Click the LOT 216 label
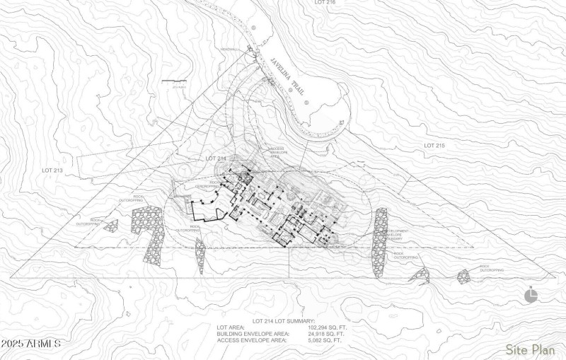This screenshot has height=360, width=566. (x=325, y=4)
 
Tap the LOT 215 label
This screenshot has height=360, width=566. (x=434, y=145)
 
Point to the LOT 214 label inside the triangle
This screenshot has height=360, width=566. (x=215, y=158)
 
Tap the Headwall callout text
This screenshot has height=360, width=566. (x=229, y=50)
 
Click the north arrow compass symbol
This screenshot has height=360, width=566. (x=531, y=296)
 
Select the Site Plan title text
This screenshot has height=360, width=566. (x=530, y=349)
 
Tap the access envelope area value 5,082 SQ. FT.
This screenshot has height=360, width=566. (x=325, y=340)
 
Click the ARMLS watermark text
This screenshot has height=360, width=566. (x=32, y=344)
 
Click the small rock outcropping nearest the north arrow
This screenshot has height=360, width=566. (x=464, y=276)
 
